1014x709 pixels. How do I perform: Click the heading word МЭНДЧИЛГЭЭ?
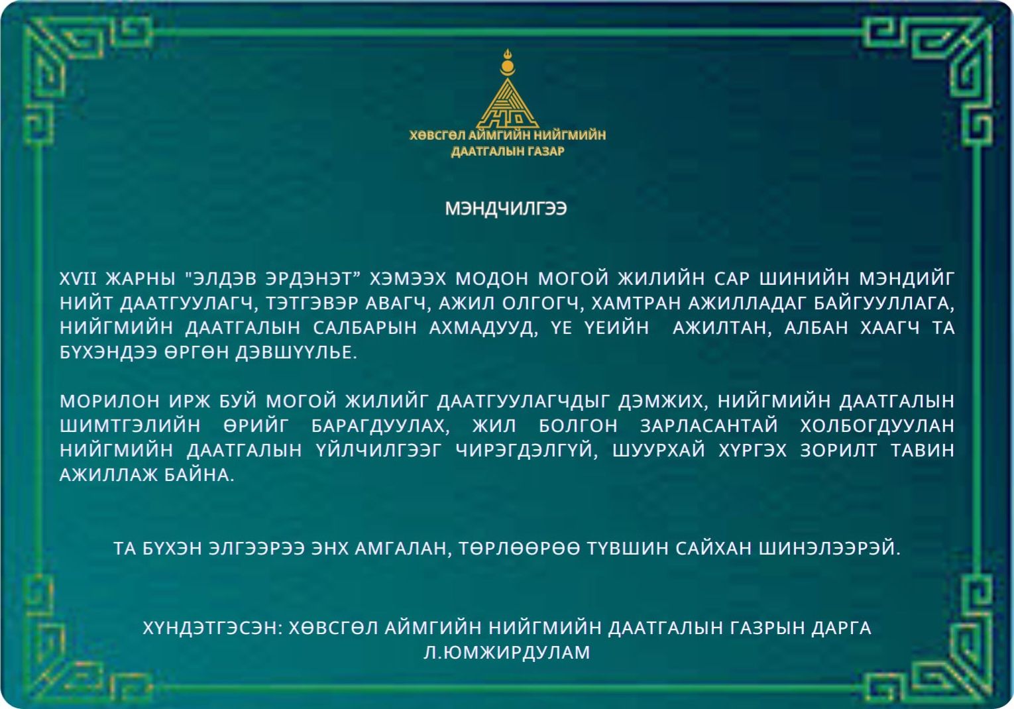pos(506,209)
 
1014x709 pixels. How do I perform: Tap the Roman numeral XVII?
pos(78,279)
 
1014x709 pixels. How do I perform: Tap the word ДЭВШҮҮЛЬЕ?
pos(296,352)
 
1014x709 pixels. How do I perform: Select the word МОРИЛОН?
pos(109,401)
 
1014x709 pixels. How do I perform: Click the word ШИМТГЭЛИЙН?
pos(130,425)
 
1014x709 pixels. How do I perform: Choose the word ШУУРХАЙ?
pos(659,450)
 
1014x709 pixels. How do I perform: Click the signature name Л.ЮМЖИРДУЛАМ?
pos(507,653)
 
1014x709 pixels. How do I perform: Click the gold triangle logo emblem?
pos(508,105)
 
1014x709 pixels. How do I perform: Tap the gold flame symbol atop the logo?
pos(508,54)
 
